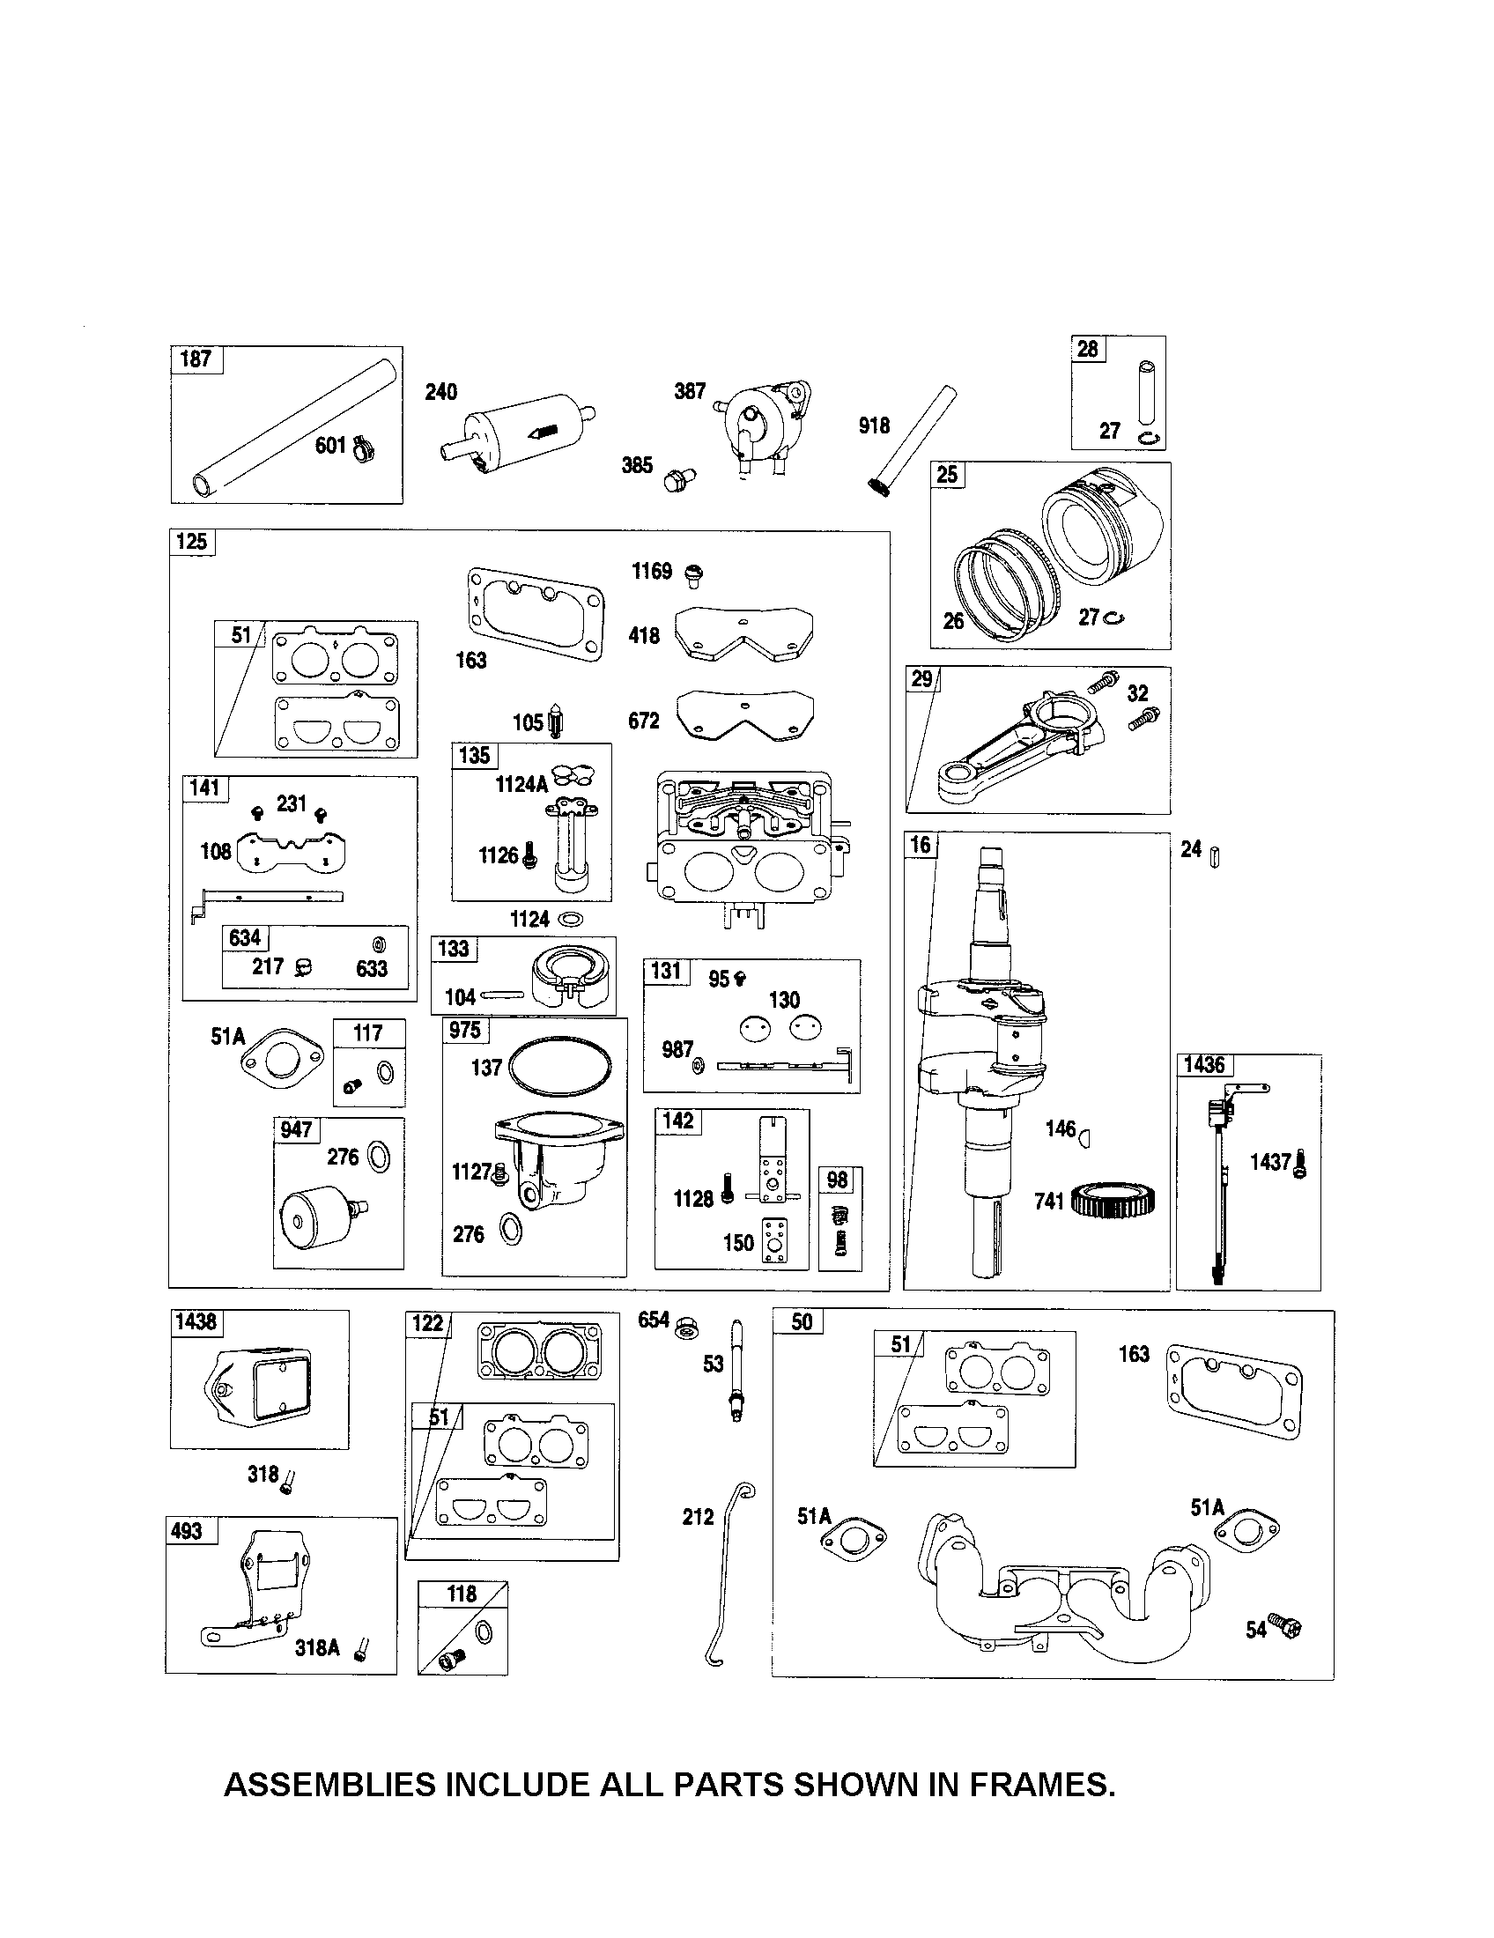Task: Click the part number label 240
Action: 441,392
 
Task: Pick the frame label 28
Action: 1088,349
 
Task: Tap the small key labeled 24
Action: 1215,857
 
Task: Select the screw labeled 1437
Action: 1299,1164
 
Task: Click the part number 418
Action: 644,635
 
